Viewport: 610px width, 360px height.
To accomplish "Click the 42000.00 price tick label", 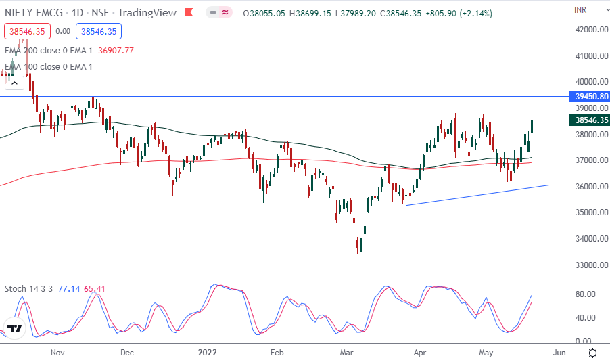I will pos(589,30).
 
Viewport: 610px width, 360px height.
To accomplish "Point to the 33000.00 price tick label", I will pos(589,265).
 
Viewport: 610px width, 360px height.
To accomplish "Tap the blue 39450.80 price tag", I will pos(590,97).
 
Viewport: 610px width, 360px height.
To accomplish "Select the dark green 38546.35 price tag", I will pos(590,120).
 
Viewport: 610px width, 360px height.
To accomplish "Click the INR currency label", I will pos(580,9).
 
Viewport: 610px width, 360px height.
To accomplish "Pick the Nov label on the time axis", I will pos(57,353).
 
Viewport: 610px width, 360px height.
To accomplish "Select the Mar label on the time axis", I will pos(347,353).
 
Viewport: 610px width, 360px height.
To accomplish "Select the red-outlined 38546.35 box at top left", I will pos(28,31).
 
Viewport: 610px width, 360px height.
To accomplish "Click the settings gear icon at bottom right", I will pos(592,353).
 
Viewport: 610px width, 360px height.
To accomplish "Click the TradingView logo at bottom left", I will pos(14,329).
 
